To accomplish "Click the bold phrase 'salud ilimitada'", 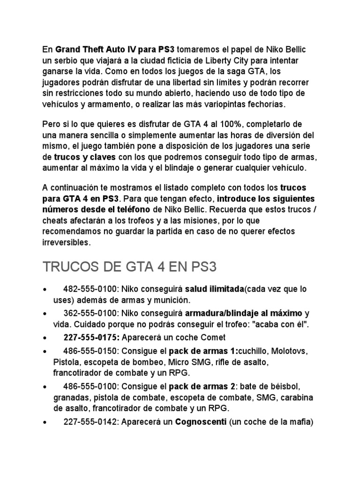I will (214, 289).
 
